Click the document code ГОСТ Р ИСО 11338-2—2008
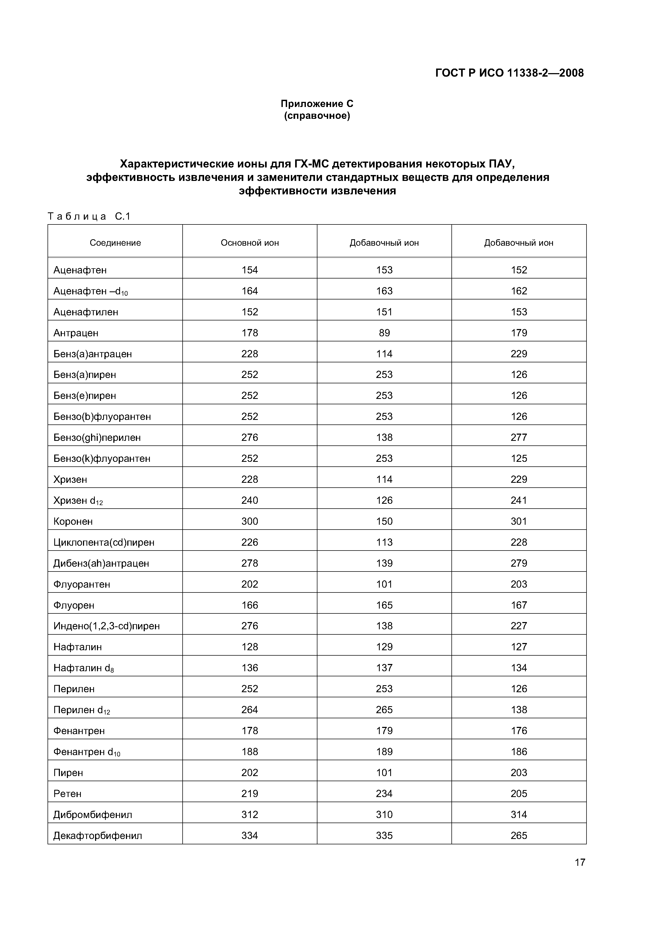(509, 73)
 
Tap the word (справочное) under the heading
(317, 116)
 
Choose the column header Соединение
(115, 243)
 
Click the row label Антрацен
(76, 333)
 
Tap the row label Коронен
(73, 521)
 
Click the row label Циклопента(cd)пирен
(104, 542)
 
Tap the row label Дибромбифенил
(93, 815)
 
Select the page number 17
(580, 862)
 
